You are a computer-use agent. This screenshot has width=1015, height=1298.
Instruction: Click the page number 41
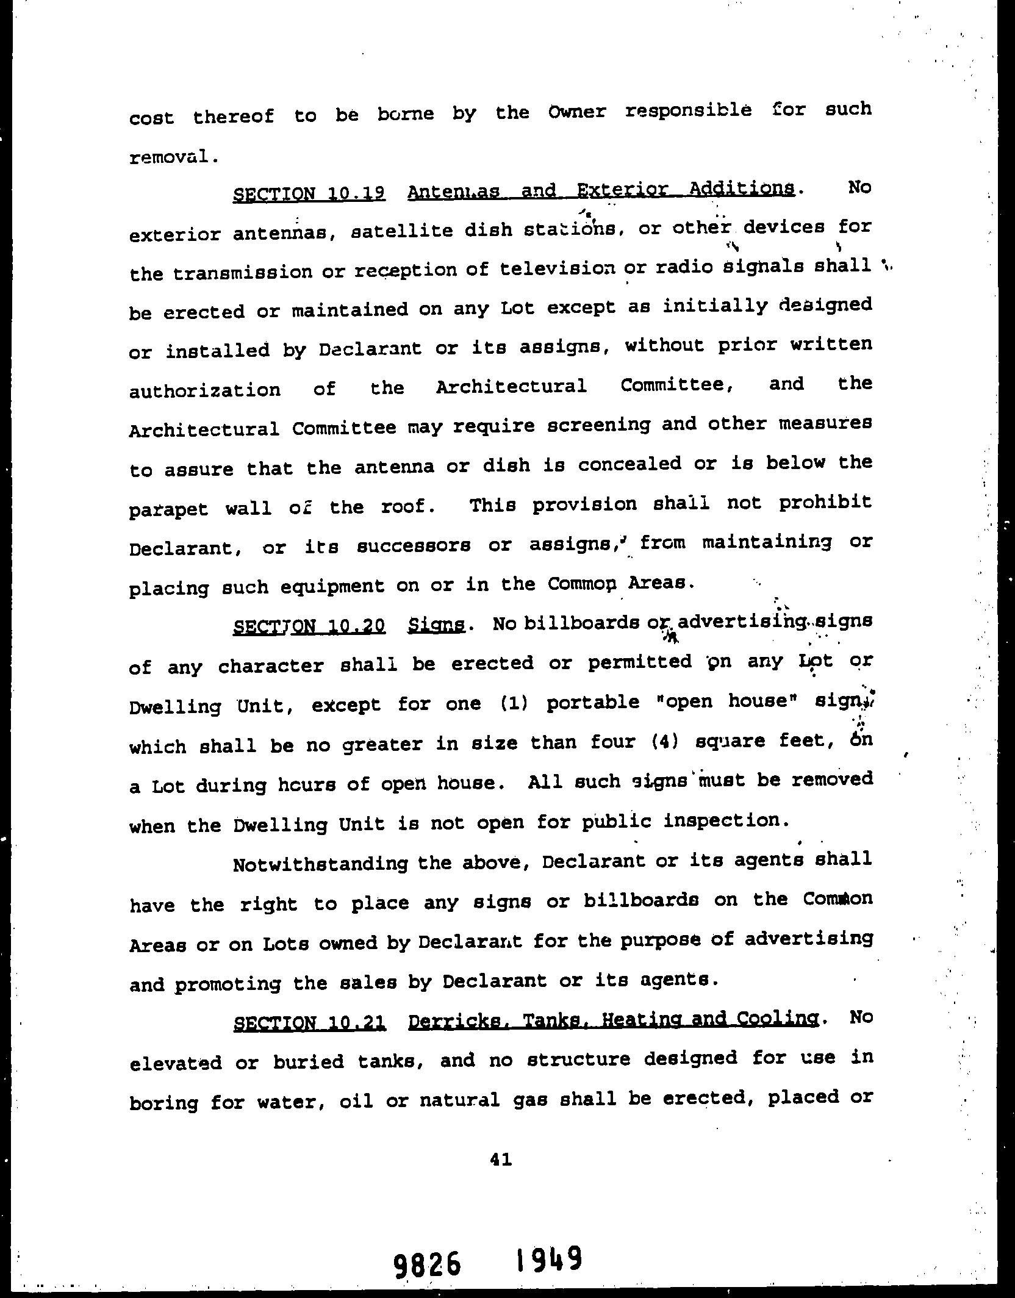coord(500,1160)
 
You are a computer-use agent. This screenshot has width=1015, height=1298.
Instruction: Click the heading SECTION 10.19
coord(309,194)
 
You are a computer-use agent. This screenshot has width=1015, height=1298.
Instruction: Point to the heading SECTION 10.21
coord(309,1022)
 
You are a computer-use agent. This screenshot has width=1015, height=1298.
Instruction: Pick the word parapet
coord(168,509)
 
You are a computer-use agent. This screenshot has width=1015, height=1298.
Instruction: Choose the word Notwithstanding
coord(320,864)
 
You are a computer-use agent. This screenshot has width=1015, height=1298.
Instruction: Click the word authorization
coord(205,390)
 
